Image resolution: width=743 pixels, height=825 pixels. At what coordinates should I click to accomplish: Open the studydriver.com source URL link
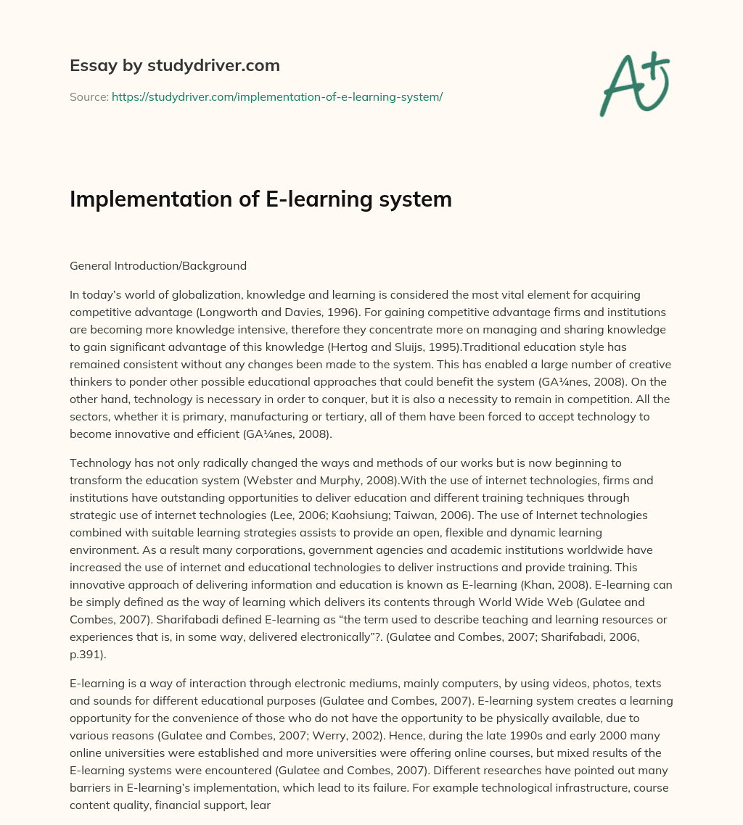pyautogui.click(x=276, y=96)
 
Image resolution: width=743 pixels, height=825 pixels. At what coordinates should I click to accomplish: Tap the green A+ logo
pyautogui.click(x=633, y=84)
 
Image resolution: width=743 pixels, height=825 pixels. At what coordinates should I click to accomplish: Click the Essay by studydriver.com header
pyautogui.click(x=175, y=65)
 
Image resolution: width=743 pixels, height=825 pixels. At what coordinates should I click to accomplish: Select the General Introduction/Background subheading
pyautogui.click(x=158, y=265)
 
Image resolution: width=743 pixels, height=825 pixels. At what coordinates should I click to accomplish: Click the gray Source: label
pyautogui.click(x=89, y=96)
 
